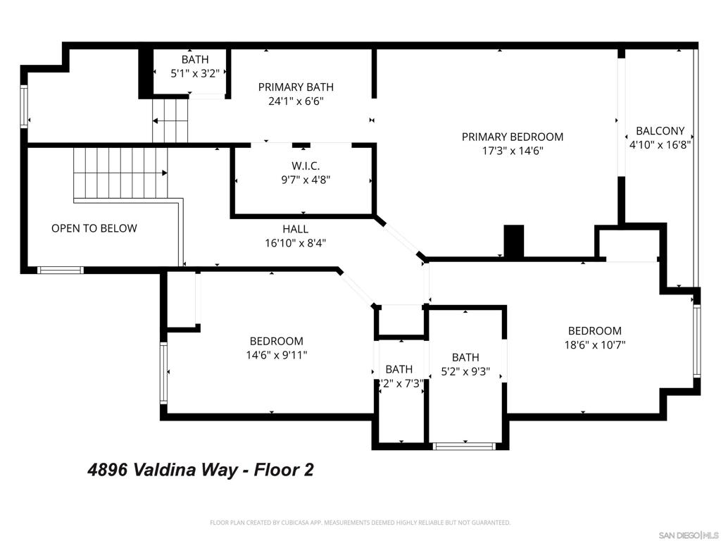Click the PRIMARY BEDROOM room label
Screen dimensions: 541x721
coord(512,137)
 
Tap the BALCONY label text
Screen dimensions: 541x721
coord(660,131)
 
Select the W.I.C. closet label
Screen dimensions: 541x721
coord(306,166)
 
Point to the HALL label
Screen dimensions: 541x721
coord(295,229)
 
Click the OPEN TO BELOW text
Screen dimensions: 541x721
coord(94,228)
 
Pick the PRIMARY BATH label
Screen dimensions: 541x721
coord(295,87)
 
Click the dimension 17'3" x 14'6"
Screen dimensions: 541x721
coord(512,151)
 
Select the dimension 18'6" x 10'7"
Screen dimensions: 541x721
coord(595,345)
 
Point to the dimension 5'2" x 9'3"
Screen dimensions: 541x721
coord(465,371)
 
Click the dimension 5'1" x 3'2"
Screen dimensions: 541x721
coord(194,73)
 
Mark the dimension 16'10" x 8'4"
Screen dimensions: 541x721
coord(295,243)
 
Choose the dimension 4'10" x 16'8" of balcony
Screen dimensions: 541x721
coord(660,145)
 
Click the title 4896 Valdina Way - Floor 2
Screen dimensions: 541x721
coord(201,470)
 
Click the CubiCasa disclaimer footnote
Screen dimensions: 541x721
coord(360,523)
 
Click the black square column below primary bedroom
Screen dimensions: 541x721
coord(515,241)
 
